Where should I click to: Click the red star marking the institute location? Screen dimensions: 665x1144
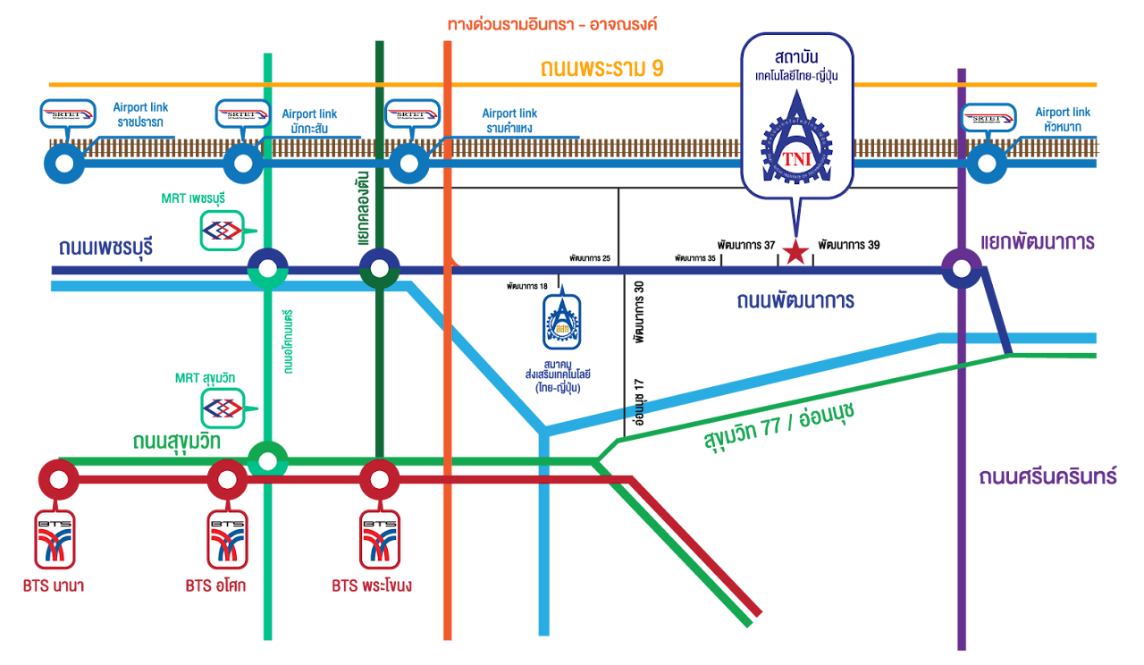795,253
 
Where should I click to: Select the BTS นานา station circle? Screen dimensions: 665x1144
59,480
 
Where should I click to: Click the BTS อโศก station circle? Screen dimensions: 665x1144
228,480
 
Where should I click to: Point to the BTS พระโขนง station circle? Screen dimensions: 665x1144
379,480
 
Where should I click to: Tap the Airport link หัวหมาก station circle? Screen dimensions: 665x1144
987,164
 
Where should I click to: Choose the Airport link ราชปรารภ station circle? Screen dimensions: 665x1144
64,164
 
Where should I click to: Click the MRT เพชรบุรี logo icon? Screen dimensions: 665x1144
221,231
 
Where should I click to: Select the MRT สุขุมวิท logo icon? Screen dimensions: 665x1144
221,408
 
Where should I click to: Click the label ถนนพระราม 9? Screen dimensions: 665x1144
601,69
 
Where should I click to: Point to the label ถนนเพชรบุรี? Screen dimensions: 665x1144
105,248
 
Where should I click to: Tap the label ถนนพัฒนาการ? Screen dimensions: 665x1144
795,300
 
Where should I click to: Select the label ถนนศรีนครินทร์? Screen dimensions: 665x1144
1047,476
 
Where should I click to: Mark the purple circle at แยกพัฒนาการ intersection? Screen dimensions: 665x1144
962,267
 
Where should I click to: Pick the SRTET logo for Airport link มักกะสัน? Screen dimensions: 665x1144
242,114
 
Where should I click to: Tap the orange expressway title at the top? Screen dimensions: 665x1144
552,24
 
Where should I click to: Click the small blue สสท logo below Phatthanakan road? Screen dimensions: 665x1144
562,322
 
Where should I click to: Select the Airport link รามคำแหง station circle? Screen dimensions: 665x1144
408,164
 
